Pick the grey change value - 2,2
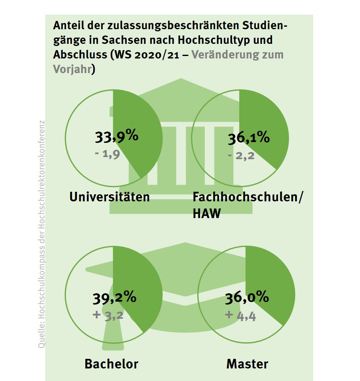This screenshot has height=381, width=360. click(x=242, y=156)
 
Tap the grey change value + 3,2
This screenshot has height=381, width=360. click(x=108, y=315)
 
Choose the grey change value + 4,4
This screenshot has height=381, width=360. click(x=240, y=315)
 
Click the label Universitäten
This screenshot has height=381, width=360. click(x=110, y=196)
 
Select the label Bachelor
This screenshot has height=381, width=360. click(x=111, y=363)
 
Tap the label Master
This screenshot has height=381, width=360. click(x=247, y=363)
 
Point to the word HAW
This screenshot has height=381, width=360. click(x=206, y=214)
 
